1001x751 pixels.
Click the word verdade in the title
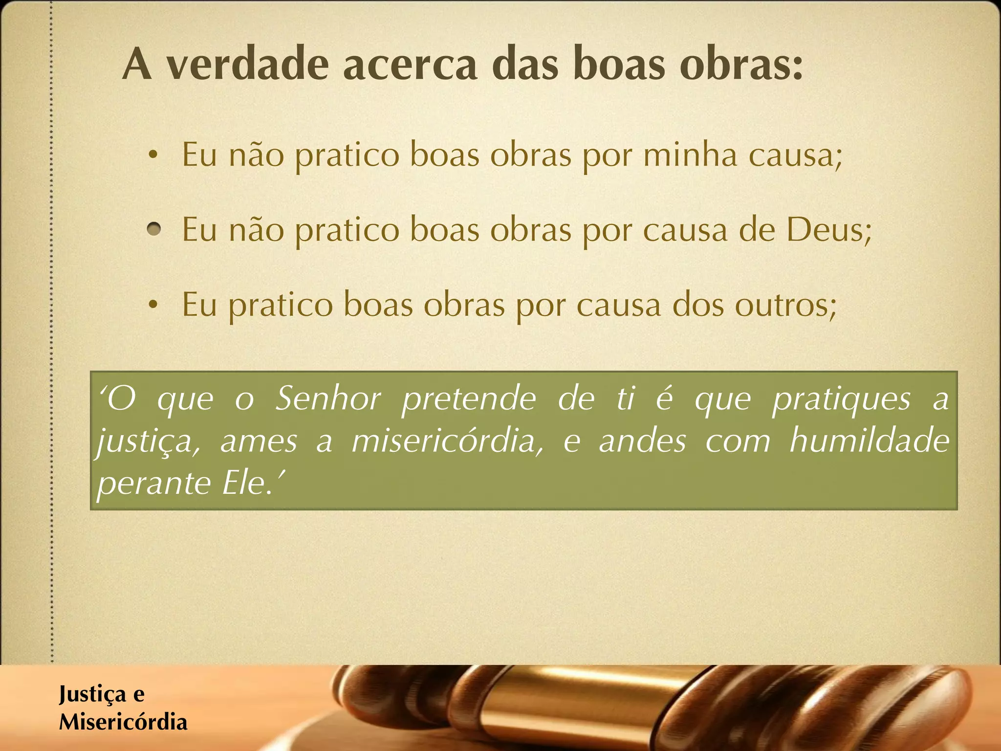coord(247,65)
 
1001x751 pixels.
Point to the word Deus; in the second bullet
coord(829,230)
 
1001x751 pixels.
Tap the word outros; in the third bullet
coord(786,305)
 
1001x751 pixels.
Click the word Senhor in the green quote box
coord(327,398)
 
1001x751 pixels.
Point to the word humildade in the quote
coord(869,440)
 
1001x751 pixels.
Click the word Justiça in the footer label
coord(92,694)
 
